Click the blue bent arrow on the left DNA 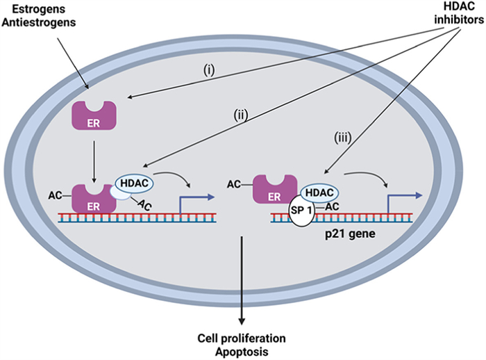click(x=196, y=202)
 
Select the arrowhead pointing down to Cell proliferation click(x=242, y=320)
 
